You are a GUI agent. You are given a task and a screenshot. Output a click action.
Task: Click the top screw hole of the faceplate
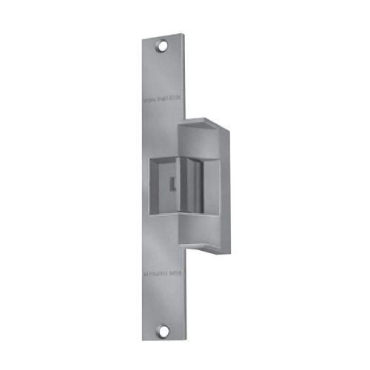pyautogui.click(x=161, y=46)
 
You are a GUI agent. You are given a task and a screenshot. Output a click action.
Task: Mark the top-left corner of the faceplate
pyautogui.click(x=141, y=34)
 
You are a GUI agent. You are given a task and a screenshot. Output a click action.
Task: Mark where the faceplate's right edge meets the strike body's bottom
pyautogui.click(x=180, y=244)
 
